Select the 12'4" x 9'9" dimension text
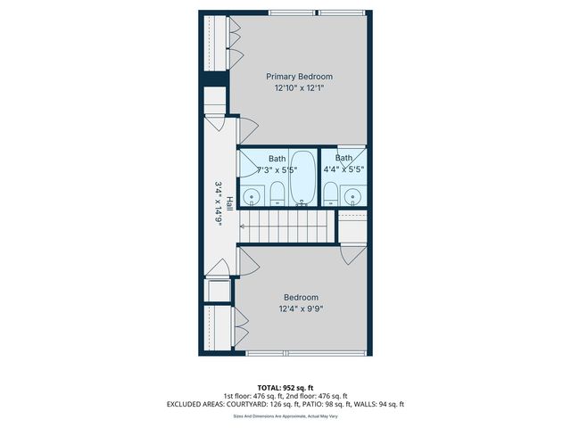click(302, 309)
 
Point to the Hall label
click(229, 203)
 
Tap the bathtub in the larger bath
click(302, 177)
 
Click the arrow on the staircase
click(244, 226)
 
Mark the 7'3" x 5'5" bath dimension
click(277, 169)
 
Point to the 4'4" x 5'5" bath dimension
click(344, 169)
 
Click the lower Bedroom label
click(302, 297)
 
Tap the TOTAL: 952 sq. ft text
click(285, 387)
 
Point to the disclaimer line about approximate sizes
click(285, 416)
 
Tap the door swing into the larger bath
click(246, 164)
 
